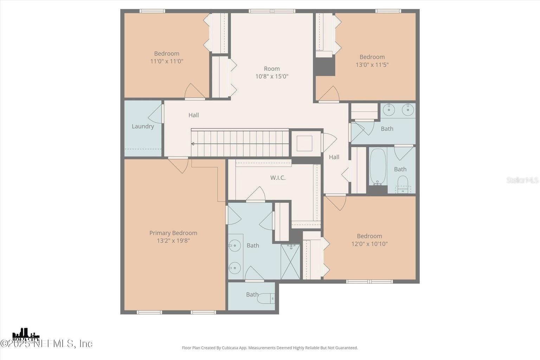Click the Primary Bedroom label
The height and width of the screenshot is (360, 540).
(173, 233)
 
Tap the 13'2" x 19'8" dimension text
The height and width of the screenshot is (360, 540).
(173, 241)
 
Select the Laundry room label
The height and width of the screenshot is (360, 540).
(143, 126)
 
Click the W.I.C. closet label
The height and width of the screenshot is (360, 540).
(278, 178)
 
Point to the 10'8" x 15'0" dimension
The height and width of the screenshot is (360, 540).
(272, 76)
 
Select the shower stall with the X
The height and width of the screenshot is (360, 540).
(290, 262)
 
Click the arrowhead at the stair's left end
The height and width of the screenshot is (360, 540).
(193, 144)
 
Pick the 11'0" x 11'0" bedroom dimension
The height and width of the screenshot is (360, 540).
(167, 61)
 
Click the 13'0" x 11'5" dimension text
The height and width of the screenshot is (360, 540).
(372, 65)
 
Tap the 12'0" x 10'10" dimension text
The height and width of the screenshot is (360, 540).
(369, 244)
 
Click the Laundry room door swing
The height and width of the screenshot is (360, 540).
(156, 114)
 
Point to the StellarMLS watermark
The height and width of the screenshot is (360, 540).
(522, 180)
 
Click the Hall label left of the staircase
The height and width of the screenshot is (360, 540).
(193, 115)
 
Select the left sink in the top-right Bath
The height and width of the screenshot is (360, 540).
(389, 110)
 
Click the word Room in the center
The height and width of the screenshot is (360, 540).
(272, 69)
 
